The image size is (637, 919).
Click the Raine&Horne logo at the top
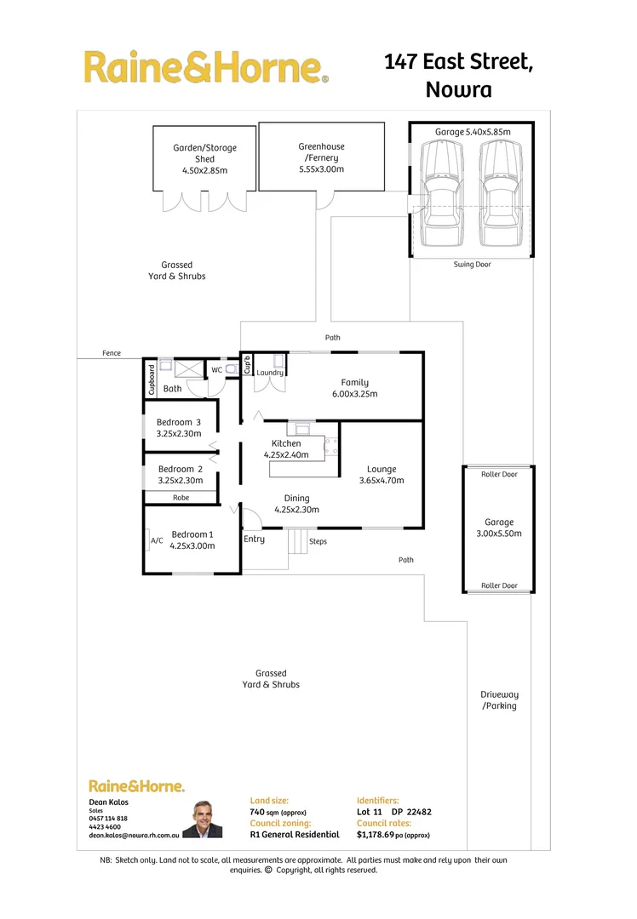[205, 67]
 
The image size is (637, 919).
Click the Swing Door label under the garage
[472, 265]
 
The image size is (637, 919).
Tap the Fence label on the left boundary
[111, 353]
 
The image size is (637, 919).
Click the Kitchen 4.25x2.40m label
[286, 449]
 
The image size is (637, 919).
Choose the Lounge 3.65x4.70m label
[382, 475]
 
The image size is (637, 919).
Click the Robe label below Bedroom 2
[181, 498]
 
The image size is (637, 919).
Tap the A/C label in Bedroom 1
[157, 540]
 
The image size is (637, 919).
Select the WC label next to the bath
[216, 370]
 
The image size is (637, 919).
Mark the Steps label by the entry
[318, 541]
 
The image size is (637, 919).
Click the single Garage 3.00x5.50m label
[499, 528]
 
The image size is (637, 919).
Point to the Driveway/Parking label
[499, 700]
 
